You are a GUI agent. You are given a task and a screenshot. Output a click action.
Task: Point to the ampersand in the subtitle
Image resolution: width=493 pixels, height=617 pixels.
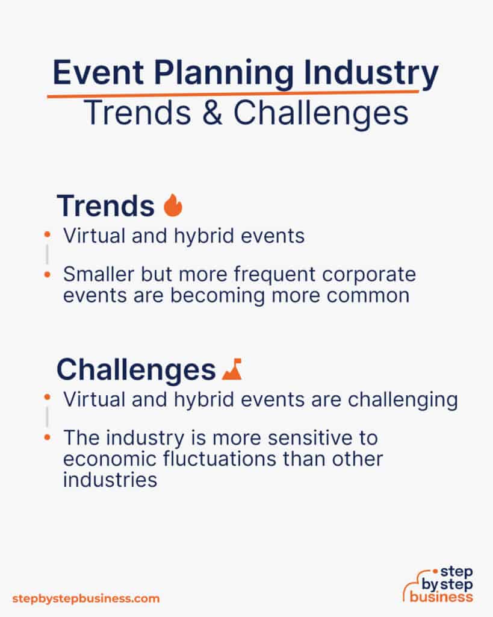pos(215,113)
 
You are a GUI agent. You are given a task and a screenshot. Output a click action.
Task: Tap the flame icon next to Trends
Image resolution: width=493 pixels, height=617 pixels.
pos(173,206)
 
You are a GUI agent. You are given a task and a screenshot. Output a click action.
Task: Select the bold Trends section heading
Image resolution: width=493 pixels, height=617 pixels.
pos(105,206)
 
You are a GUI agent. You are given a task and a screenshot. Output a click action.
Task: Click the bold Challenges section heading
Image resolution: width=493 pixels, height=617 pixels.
pos(135,370)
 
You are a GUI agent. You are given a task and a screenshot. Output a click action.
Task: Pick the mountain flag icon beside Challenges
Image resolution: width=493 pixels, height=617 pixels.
pos(232,369)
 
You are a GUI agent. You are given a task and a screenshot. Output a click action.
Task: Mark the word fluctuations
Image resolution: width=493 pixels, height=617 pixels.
pos(220,459)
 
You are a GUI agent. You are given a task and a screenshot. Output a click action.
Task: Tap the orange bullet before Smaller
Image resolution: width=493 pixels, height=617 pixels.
pos(48,275)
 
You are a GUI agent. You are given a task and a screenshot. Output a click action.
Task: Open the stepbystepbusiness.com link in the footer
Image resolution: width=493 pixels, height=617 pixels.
pos(86,598)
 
